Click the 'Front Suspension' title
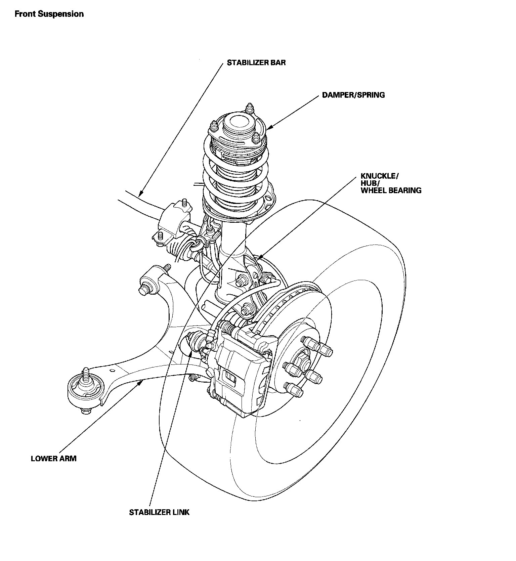coord(49,14)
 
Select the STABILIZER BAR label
coord(256,62)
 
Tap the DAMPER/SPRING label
coord(353,95)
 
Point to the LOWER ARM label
coord(53,459)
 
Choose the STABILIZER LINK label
coord(159,512)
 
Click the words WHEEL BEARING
coord(391,190)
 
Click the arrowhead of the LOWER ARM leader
coord(142,382)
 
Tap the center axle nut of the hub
coord(301,363)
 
